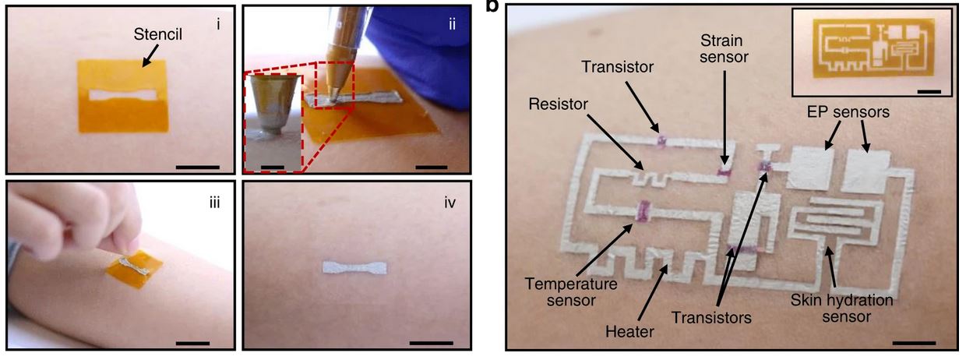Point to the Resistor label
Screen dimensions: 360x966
click(x=555, y=103)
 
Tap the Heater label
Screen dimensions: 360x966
click(x=629, y=332)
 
